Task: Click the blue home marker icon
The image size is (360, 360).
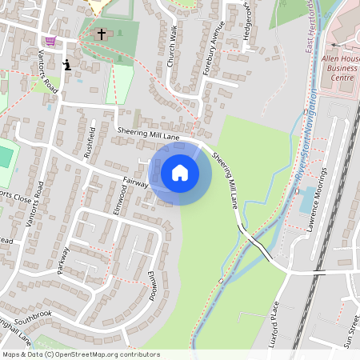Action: coord(180,173)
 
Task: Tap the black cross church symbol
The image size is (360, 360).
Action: coord(101,34)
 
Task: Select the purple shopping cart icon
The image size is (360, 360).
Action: coord(51,42)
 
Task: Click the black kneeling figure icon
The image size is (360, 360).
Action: coord(66,64)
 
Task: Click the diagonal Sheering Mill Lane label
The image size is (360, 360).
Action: coord(227,180)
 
